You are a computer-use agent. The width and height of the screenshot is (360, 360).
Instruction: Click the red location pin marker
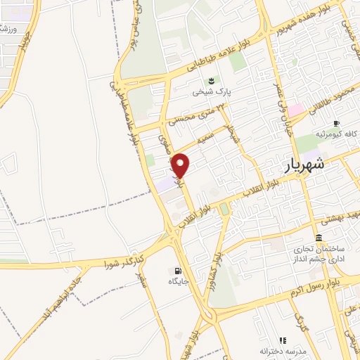tap(181, 165)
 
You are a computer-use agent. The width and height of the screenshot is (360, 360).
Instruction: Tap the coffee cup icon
tap(337, 122)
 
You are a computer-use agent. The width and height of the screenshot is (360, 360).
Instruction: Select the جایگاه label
tap(179, 281)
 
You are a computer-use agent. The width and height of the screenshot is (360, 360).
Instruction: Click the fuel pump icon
tap(176, 271)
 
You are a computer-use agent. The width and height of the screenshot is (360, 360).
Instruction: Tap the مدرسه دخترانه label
tap(283, 350)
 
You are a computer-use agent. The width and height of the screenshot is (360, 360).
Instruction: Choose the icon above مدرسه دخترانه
tap(283, 340)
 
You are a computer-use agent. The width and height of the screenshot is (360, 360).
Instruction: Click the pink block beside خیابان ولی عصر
tap(295, 110)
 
